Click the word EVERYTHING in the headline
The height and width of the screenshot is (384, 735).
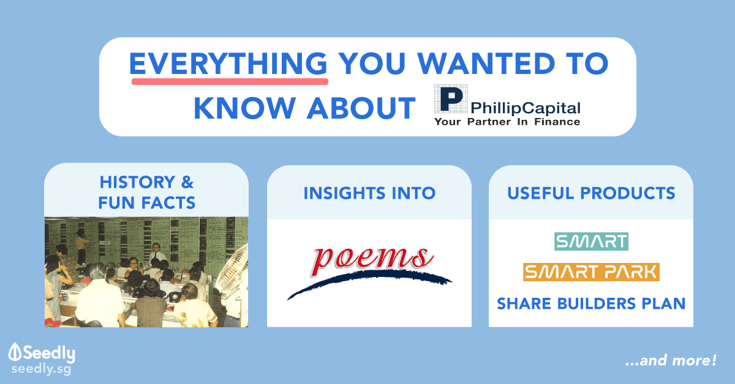(x=228, y=63)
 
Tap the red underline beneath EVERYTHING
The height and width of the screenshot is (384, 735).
(x=230, y=81)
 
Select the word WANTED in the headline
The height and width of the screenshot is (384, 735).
(x=486, y=63)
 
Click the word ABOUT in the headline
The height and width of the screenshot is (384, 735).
(x=361, y=108)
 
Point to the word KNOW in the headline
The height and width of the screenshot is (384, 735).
(x=244, y=108)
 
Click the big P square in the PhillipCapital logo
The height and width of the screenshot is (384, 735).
(x=451, y=99)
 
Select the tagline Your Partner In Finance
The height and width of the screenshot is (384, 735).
(x=507, y=122)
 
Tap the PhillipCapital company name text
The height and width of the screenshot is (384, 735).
(x=526, y=108)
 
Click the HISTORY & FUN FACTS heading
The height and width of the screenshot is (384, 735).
(x=146, y=193)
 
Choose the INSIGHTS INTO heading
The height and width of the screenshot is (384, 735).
(x=369, y=193)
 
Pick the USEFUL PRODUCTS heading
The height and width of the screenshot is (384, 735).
(x=591, y=193)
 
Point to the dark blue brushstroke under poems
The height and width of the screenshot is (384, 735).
(x=369, y=281)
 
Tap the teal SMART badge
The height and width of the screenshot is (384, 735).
(x=591, y=242)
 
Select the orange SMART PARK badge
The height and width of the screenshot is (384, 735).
(x=591, y=272)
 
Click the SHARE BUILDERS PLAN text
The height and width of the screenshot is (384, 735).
(x=591, y=304)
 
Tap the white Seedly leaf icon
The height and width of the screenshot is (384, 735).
(x=15, y=352)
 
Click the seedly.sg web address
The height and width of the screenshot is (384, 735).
(x=42, y=369)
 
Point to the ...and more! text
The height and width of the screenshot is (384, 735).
(x=671, y=360)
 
